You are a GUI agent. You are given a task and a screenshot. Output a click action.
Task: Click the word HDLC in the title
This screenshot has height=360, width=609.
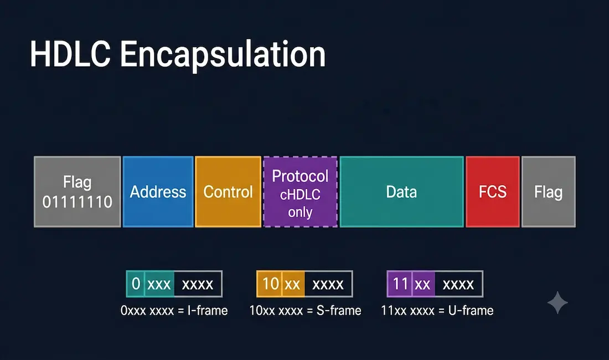(x=70, y=54)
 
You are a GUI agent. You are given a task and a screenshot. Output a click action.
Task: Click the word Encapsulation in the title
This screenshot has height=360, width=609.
(x=223, y=56)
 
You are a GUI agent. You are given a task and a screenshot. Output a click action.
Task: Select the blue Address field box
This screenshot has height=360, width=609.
(x=158, y=192)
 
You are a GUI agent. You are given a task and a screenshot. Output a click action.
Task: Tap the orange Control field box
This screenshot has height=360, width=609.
(x=228, y=192)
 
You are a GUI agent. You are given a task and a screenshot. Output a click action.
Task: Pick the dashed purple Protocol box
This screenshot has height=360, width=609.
(x=300, y=192)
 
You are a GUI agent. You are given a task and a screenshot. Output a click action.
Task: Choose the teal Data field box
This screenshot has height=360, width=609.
(x=401, y=192)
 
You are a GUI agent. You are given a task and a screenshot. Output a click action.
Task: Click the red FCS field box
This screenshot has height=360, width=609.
(x=493, y=192)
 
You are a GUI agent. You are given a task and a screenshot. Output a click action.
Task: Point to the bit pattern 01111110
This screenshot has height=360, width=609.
(x=78, y=202)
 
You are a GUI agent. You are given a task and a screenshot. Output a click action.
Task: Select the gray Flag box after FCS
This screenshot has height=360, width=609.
(x=549, y=192)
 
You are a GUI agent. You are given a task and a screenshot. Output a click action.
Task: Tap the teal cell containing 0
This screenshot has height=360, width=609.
(x=136, y=284)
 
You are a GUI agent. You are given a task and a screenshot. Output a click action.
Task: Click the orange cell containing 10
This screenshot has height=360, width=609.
(x=270, y=284)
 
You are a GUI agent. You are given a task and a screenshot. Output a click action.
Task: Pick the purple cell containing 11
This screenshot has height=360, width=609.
(x=400, y=284)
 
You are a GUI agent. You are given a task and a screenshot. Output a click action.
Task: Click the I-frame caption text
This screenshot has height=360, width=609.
(x=174, y=311)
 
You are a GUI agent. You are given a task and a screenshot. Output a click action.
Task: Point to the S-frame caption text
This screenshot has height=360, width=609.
(x=305, y=311)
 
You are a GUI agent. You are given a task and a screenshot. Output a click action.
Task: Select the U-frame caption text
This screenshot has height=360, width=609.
(x=437, y=311)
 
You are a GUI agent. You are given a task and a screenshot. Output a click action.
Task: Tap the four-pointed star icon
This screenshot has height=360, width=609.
(x=558, y=302)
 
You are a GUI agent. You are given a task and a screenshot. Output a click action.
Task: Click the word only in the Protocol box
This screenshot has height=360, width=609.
(x=300, y=213)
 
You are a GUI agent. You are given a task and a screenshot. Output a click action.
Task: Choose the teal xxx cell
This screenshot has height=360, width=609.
(x=159, y=284)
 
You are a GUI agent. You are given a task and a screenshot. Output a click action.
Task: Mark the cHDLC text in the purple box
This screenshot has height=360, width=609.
(x=300, y=194)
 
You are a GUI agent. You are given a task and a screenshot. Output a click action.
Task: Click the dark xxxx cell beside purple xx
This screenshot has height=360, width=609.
(x=459, y=284)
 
